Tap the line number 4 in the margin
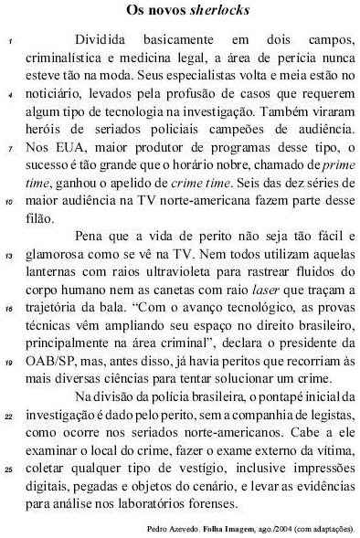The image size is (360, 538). click(8, 94)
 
